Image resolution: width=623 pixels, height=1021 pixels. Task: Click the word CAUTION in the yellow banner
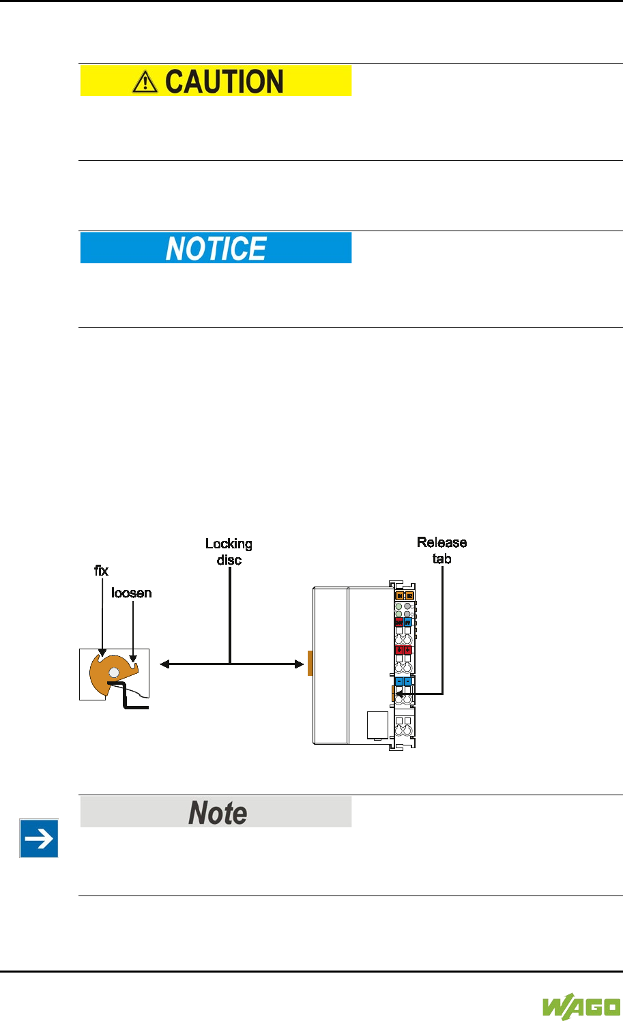tap(224, 82)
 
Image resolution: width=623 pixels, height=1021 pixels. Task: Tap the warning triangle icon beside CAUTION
tap(145, 83)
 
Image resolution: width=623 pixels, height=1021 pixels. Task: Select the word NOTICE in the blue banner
tap(216, 248)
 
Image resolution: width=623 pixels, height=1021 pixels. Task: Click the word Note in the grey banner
tap(217, 812)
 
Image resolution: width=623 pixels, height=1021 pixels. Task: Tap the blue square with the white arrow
tap(39, 838)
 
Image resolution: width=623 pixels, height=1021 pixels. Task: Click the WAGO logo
tap(581, 1007)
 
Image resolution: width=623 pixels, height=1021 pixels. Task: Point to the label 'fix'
tap(102, 570)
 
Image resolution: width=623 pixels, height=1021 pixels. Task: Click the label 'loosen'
tap(132, 593)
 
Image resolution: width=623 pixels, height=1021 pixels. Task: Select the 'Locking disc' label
tap(229, 552)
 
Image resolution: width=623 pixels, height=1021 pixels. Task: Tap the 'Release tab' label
tap(442, 550)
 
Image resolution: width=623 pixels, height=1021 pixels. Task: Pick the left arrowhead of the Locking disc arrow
tap(162, 664)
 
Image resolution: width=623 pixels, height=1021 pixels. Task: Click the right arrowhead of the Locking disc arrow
tap(300, 664)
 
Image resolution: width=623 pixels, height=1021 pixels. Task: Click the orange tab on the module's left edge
tap(310, 663)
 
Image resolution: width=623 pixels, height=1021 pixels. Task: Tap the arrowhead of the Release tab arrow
tap(399, 694)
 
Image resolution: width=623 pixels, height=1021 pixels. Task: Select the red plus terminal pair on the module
tap(403, 650)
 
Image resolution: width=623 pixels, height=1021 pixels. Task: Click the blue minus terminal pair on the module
tap(403, 681)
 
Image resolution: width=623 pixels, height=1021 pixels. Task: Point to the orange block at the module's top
tap(405, 595)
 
